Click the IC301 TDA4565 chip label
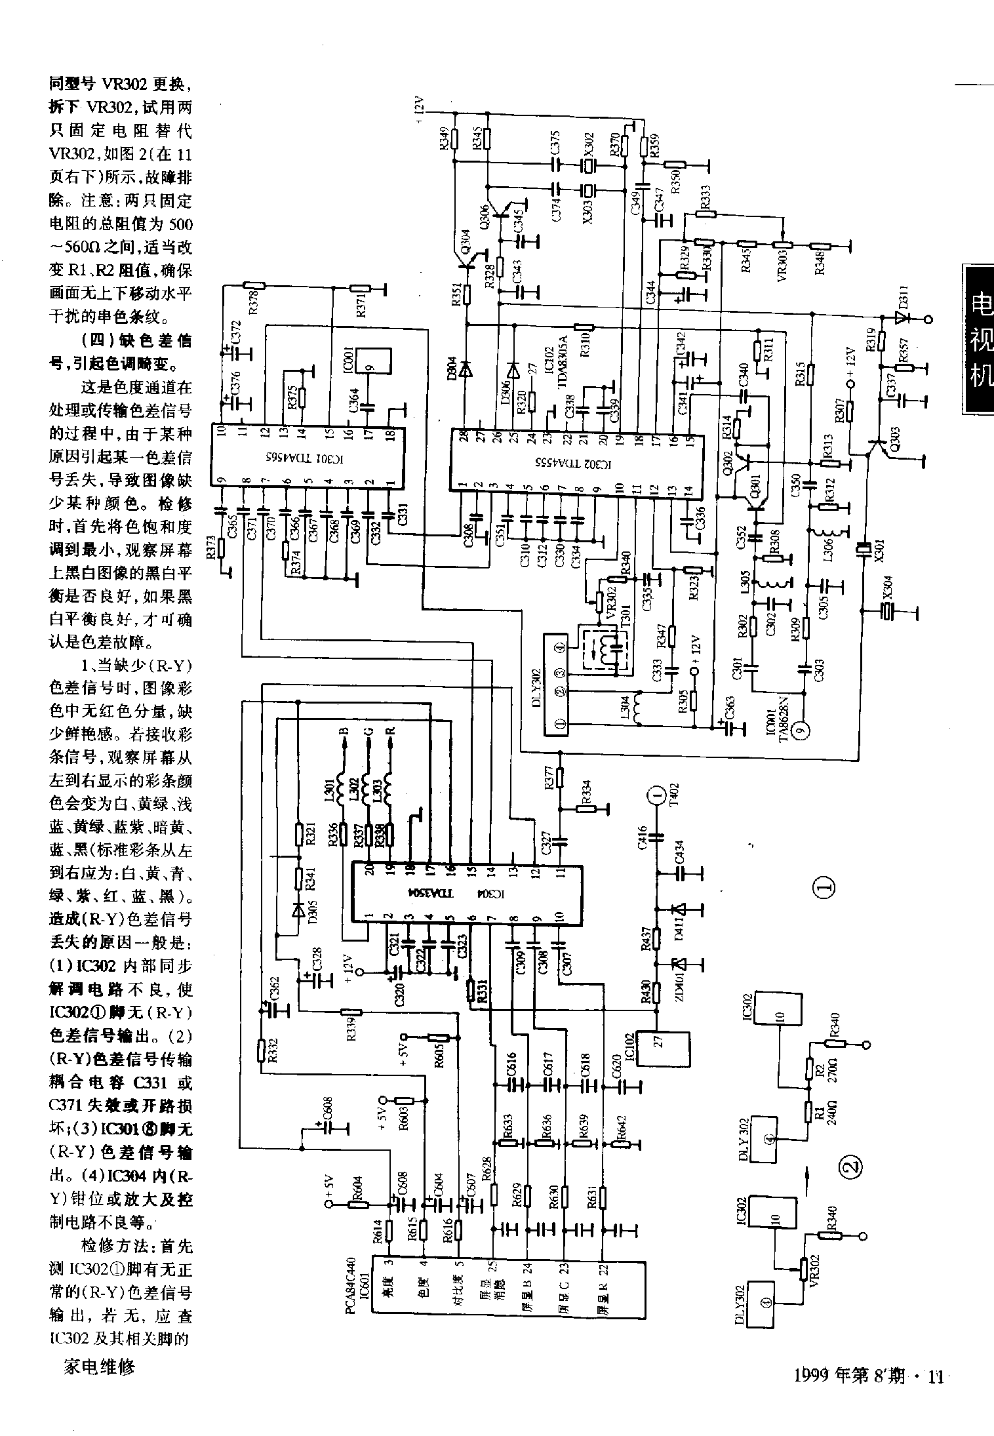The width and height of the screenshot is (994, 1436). (307, 456)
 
